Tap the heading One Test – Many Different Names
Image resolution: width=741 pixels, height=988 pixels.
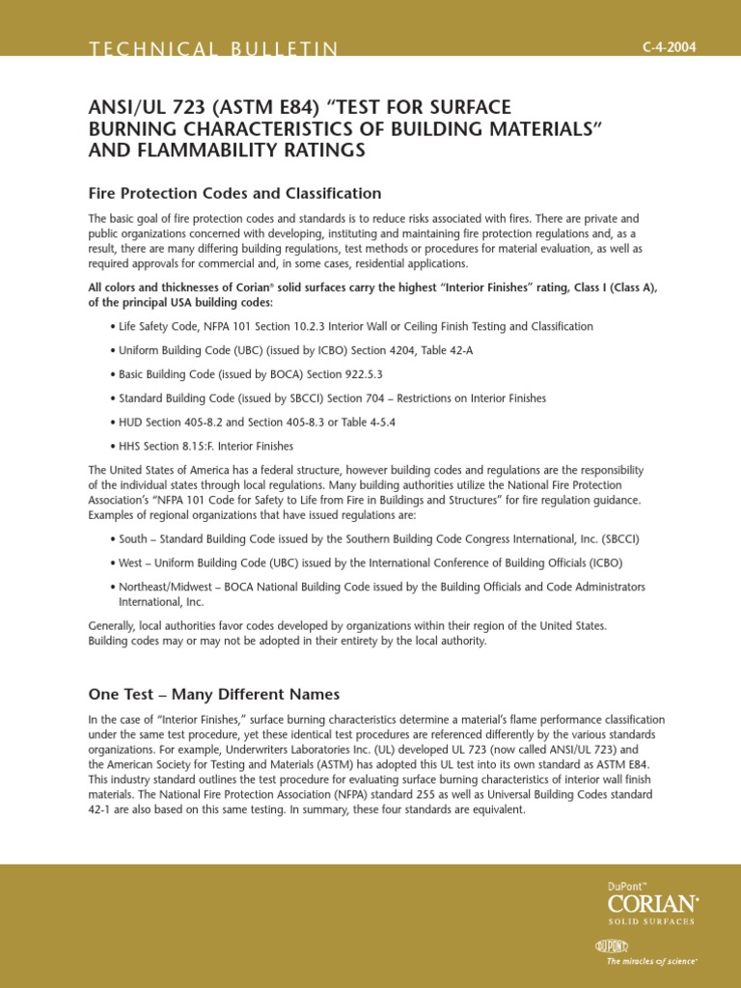(x=213, y=694)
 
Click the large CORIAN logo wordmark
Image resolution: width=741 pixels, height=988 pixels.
(x=651, y=902)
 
